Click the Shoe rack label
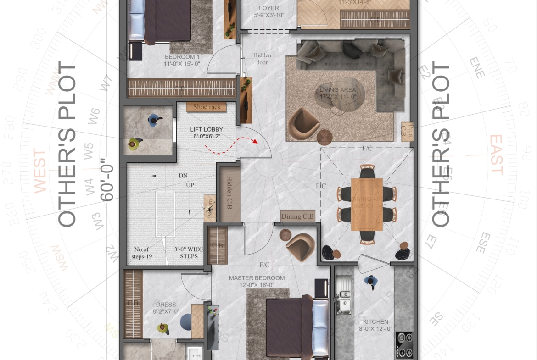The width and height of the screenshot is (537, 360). [207, 107]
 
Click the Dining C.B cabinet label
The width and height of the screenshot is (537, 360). [297, 216]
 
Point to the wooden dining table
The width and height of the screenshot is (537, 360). [367, 204]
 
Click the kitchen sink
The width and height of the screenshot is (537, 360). [343, 296]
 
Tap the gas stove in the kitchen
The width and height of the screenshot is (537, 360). [404, 345]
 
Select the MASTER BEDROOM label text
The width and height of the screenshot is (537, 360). [257, 281]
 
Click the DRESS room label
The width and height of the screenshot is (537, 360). [166, 308]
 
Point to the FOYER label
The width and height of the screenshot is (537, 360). [268, 11]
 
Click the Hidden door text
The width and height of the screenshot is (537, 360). [262, 59]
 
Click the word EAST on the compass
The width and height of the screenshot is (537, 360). [496, 155]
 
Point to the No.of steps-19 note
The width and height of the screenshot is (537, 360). [141, 253]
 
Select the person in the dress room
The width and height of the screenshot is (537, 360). [162, 328]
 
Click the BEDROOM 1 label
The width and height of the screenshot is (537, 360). [182, 61]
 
